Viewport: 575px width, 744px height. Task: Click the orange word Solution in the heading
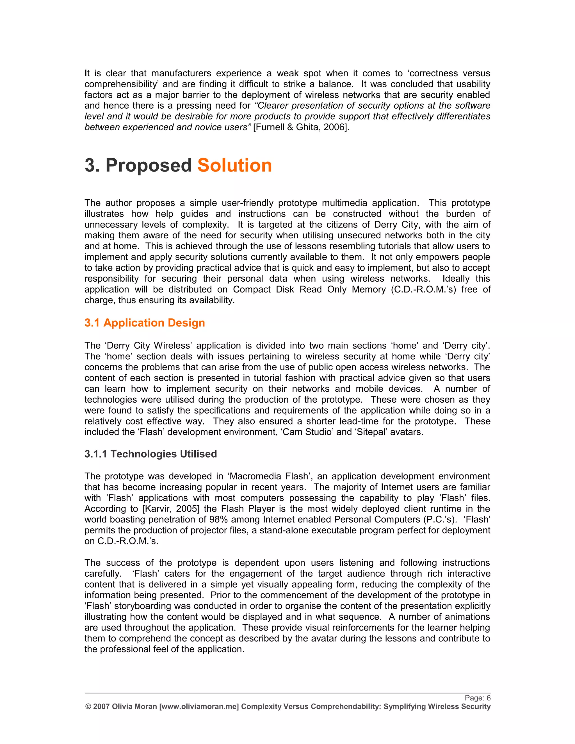(x=234, y=166)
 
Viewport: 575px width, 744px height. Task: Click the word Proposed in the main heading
(x=149, y=166)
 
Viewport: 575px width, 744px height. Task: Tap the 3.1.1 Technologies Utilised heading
(x=150, y=454)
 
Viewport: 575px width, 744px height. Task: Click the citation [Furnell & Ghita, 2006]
(x=301, y=127)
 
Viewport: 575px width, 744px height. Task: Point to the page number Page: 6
(x=477, y=698)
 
